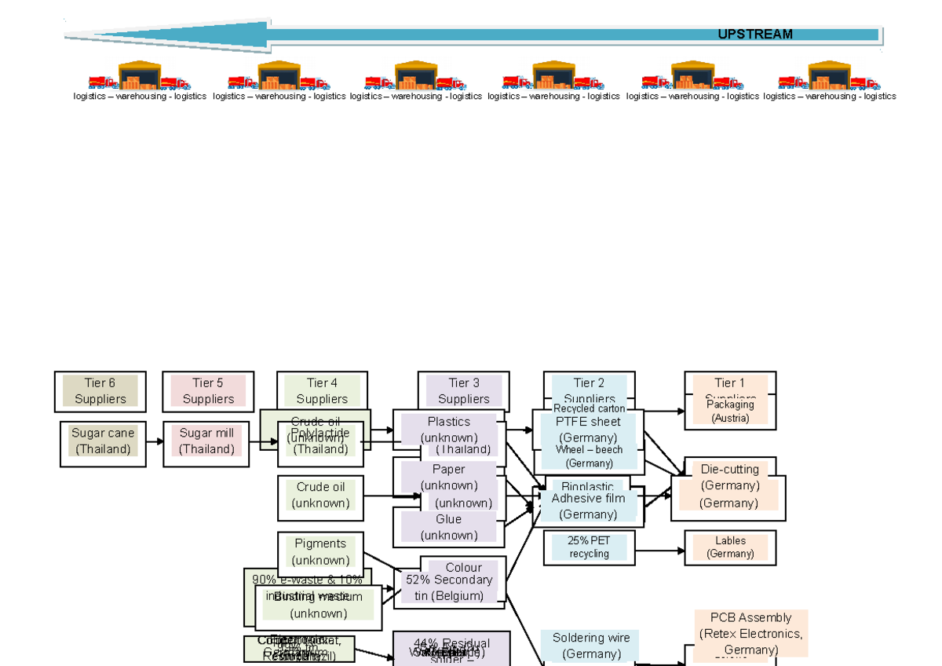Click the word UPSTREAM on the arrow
754,35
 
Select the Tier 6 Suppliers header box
100,391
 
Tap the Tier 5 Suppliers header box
208,391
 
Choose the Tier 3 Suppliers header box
463,390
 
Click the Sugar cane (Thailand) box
103,441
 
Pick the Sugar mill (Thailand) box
206,441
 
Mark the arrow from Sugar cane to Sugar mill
155,442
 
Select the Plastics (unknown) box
448,429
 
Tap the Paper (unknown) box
448,477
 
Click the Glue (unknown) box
448,527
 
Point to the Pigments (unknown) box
320,551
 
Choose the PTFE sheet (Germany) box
588,430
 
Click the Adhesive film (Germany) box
588,506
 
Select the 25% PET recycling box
589,547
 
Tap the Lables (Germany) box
730,547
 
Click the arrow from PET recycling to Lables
659,551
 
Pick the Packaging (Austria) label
730,412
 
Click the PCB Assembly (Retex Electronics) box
750,633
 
